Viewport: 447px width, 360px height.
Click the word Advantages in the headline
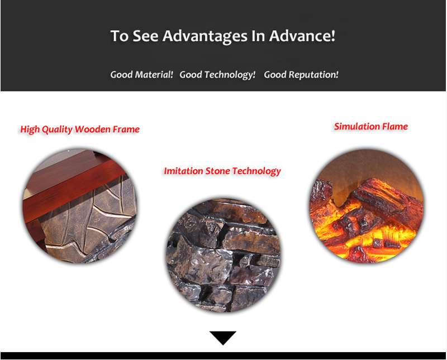click(x=205, y=37)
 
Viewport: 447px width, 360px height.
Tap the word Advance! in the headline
click(x=302, y=36)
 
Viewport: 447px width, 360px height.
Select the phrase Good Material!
click(x=142, y=75)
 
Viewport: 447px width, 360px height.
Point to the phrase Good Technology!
click(x=217, y=75)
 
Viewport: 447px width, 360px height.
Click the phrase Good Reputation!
click(x=301, y=75)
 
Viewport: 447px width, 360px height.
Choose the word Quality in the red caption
click(x=58, y=130)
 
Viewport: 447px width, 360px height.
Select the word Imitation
click(x=184, y=171)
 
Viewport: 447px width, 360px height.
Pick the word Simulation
click(x=356, y=127)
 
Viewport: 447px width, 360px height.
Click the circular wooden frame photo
click(x=79, y=205)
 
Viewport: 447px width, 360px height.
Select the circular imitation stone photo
click(x=223, y=255)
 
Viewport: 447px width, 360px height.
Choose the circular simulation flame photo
click(x=367, y=205)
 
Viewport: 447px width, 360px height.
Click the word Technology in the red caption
click(x=256, y=171)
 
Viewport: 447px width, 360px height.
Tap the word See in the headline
click(x=145, y=36)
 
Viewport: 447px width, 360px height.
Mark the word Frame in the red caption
click(x=126, y=129)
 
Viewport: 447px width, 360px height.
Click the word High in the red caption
click(x=30, y=130)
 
